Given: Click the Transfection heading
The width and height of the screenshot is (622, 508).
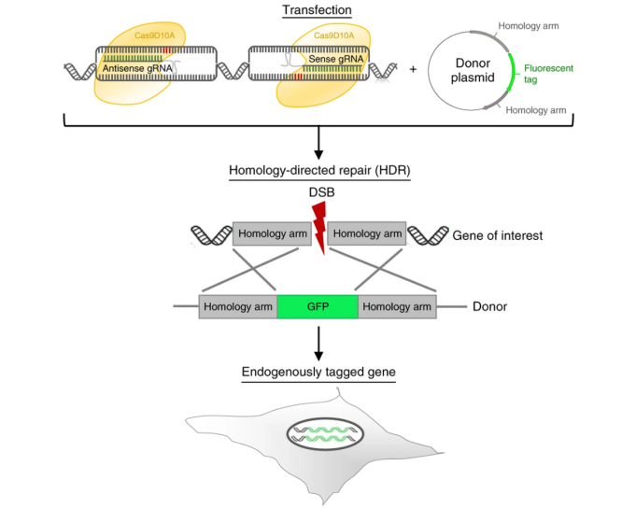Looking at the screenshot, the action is (x=317, y=10).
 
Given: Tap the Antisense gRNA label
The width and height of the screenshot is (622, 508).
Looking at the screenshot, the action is (x=137, y=68).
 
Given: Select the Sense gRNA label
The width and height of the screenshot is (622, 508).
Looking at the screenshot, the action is (x=336, y=59).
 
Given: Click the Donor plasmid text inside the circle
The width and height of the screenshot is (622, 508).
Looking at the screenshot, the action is (x=473, y=70).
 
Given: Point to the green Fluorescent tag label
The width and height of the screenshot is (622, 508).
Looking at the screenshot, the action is (x=548, y=74).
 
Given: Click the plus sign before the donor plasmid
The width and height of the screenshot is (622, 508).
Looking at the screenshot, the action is (x=413, y=69).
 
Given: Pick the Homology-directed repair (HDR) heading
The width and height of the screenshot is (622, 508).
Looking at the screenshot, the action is (x=319, y=170).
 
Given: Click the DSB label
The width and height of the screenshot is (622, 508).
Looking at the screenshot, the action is (x=321, y=192).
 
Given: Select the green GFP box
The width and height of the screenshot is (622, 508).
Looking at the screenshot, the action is (x=318, y=306).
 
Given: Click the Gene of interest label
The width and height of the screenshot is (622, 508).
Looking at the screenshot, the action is (x=498, y=235).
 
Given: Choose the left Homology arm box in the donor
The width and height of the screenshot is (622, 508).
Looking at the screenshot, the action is (x=238, y=306).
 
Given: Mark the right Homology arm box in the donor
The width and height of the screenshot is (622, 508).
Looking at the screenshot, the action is (x=397, y=306).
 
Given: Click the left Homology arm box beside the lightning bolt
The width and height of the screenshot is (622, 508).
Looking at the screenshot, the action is (x=272, y=233).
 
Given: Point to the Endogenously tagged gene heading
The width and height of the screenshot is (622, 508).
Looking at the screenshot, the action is (x=318, y=372).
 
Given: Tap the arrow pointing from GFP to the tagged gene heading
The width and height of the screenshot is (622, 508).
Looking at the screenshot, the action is (x=318, y=344).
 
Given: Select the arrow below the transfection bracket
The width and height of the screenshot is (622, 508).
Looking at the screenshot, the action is (x=318, y=143).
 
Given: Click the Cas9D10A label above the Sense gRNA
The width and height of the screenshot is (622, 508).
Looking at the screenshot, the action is (x=334, y=35).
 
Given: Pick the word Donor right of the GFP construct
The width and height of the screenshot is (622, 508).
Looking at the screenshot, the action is (x=490, y=306).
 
